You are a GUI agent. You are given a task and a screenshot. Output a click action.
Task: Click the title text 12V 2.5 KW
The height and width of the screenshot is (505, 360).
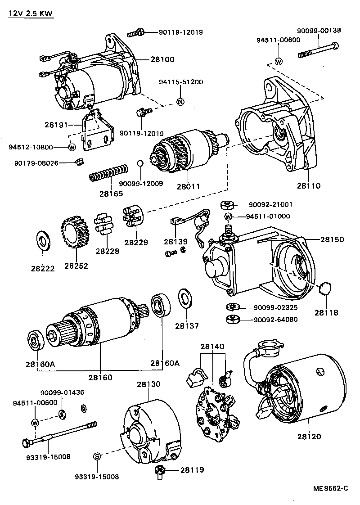coord(31,14)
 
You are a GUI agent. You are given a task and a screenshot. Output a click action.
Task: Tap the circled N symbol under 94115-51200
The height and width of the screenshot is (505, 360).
coord(180,101)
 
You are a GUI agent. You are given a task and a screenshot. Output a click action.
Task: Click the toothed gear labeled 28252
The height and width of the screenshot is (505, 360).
coord(75,232)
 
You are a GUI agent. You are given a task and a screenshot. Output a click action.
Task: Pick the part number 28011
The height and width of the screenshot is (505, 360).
coord(188,185)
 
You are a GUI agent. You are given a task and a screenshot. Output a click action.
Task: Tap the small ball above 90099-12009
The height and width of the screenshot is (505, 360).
coord(140,163)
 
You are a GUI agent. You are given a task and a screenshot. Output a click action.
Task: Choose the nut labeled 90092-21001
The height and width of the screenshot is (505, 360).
coord(227,206)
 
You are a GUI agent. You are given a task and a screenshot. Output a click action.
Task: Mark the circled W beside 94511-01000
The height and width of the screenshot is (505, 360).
coord(228,216)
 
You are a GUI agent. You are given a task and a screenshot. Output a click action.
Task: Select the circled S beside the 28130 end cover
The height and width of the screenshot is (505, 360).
coord(97,456)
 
